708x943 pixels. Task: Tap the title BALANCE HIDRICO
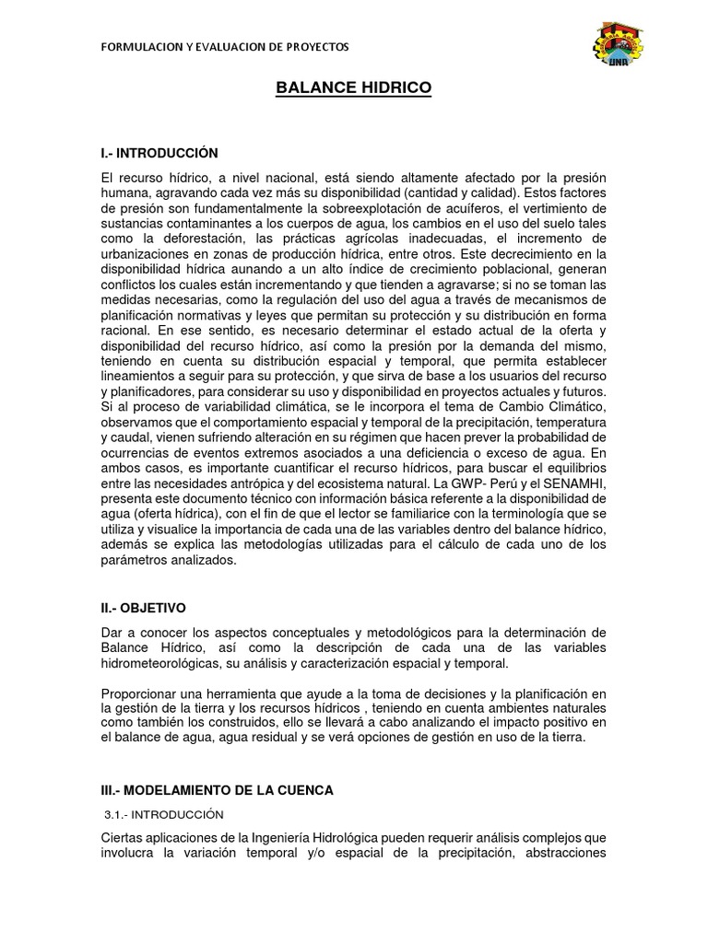click(x=354, y=88)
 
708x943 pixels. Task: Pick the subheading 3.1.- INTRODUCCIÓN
click(x=163, y=814)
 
